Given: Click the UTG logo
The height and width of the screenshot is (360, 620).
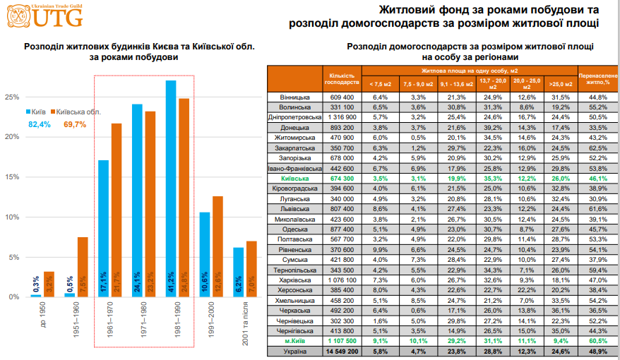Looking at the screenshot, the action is [44, 16].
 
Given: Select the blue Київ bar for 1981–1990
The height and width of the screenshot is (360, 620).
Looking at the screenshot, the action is [171, 188].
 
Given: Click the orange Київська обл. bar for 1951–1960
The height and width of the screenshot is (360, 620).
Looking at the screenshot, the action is [83, 267].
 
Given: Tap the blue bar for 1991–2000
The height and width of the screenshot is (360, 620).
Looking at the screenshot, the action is [204, 255].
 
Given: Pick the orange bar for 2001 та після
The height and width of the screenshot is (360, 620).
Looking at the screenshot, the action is [251, 269].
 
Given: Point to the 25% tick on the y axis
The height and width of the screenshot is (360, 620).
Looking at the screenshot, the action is [12, 97].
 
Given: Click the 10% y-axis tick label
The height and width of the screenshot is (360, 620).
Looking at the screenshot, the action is [12, 217].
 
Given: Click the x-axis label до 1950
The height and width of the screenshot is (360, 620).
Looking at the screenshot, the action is [42, 315].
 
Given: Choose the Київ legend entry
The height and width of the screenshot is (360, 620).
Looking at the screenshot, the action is [36, 112].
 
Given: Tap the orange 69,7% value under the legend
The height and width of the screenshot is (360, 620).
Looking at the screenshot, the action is [75, 124].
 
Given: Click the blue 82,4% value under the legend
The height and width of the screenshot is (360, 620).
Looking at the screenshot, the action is [40, 124].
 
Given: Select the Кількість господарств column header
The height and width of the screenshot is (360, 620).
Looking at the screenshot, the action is [342, 79].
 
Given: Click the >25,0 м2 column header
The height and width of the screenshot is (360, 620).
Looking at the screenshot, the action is [561, 84].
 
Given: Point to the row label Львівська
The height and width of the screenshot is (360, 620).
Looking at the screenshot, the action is [294, 209].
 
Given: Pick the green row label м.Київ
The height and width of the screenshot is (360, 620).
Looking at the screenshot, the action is [294, 341].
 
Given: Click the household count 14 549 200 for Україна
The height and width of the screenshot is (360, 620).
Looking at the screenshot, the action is [342, 352].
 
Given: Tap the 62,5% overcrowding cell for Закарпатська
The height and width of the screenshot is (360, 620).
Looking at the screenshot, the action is [598, 148].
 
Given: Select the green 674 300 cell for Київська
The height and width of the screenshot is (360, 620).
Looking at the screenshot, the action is [342, 179].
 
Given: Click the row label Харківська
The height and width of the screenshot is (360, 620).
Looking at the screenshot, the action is [294, 280].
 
